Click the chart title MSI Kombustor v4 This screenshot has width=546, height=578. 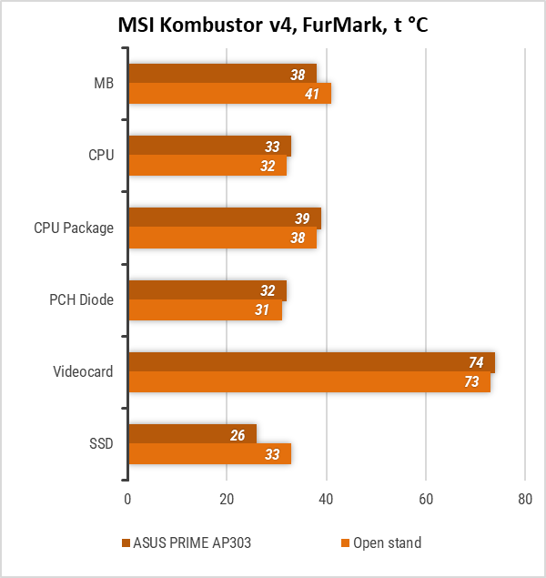[x=273, y=25]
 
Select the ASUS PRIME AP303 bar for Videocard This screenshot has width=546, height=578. [x=309, y=361]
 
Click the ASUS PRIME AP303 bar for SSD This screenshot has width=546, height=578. [x=191, y=434]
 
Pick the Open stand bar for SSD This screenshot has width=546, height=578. [x=209, y=454]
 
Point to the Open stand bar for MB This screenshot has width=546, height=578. [x=227, y=94]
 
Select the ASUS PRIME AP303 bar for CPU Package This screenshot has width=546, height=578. [x=223, y=218]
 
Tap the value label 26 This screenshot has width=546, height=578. [x=238, y=435]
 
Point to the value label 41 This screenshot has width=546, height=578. [x=311, y=94]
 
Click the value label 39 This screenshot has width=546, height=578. [x=302, y=218]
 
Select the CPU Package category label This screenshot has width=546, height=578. [x=74, y=228]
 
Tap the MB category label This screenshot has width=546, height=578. [x=104, y=83]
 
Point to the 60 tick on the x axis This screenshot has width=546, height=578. [x=425, y=499]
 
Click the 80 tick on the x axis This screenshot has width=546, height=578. [x=524, y=499]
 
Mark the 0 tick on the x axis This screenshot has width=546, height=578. [x=127, y=499]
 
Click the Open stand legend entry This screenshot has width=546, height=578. [x=387, y=543]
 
